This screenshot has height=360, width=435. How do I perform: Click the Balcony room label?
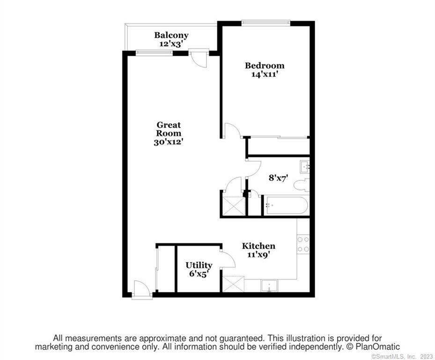pyautogui.click(x=171, y=35)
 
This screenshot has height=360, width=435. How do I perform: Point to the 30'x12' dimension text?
pyautogui.click(x=169, y=142)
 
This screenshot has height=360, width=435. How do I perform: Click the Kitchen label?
pyautogui.click(x=258, y=246)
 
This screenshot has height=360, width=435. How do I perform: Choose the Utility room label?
pyautogui.click(x=199, y=265)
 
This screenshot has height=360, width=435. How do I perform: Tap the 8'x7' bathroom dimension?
pyautogui.click(x=278, y=178)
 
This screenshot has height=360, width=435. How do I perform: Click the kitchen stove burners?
pyautogui.click(x=303, y=244)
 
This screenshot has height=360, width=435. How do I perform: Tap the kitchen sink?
pyautogui.click(x=269, y=285)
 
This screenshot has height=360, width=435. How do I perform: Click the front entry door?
pyautogui.click(x=141, y=288)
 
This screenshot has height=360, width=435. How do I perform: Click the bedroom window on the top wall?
pyautogui.click(x=265, y=22)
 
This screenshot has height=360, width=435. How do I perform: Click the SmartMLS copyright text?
pyautogui.click(x=401, y=357)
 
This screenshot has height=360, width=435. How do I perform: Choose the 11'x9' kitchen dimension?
pyautogui.click(x=258, y=255)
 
